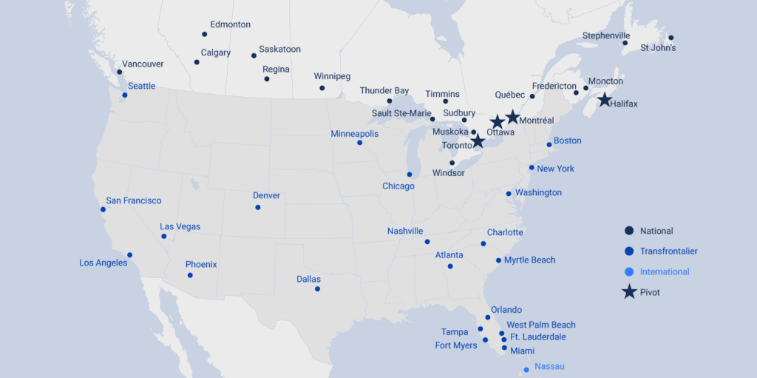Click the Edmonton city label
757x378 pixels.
230,24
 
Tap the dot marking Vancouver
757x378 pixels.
119,72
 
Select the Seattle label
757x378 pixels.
141,87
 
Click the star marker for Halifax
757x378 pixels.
604,100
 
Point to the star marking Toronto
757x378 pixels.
478,141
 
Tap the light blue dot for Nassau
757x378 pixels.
526,370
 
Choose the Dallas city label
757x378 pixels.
308,280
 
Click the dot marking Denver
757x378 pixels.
258,207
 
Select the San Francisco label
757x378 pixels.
133,200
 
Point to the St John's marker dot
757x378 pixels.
671,38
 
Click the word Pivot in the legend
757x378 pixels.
650,292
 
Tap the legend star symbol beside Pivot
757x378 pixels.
629,292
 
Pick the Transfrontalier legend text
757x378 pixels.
668,252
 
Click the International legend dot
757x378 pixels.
629,271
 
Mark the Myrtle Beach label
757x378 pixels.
529,260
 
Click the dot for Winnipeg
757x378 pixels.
322,88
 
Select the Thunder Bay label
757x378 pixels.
384,91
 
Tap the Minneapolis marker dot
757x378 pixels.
359,143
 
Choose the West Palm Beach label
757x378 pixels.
540,325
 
